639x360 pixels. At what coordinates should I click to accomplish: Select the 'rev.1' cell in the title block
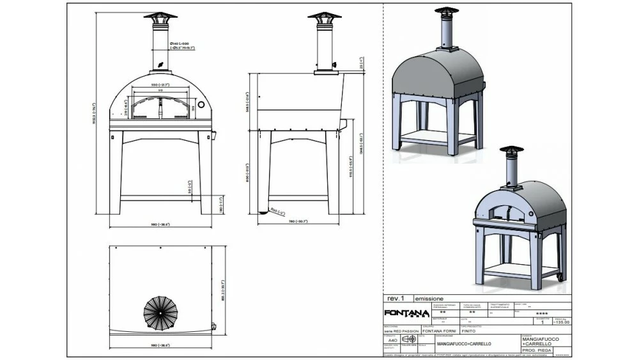tap(396, 299)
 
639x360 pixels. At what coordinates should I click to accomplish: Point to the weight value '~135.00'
tap(562, 322)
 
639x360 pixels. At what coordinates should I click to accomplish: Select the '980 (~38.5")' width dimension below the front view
tap(160, 225)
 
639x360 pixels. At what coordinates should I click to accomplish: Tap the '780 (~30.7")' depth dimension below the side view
tap(298, 221)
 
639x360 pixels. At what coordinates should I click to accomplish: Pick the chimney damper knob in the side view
tap(334, 65)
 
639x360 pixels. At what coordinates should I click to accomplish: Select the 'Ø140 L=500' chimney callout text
tap(181, 43)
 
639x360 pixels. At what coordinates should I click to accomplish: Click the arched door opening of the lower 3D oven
tap(505, 210)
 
